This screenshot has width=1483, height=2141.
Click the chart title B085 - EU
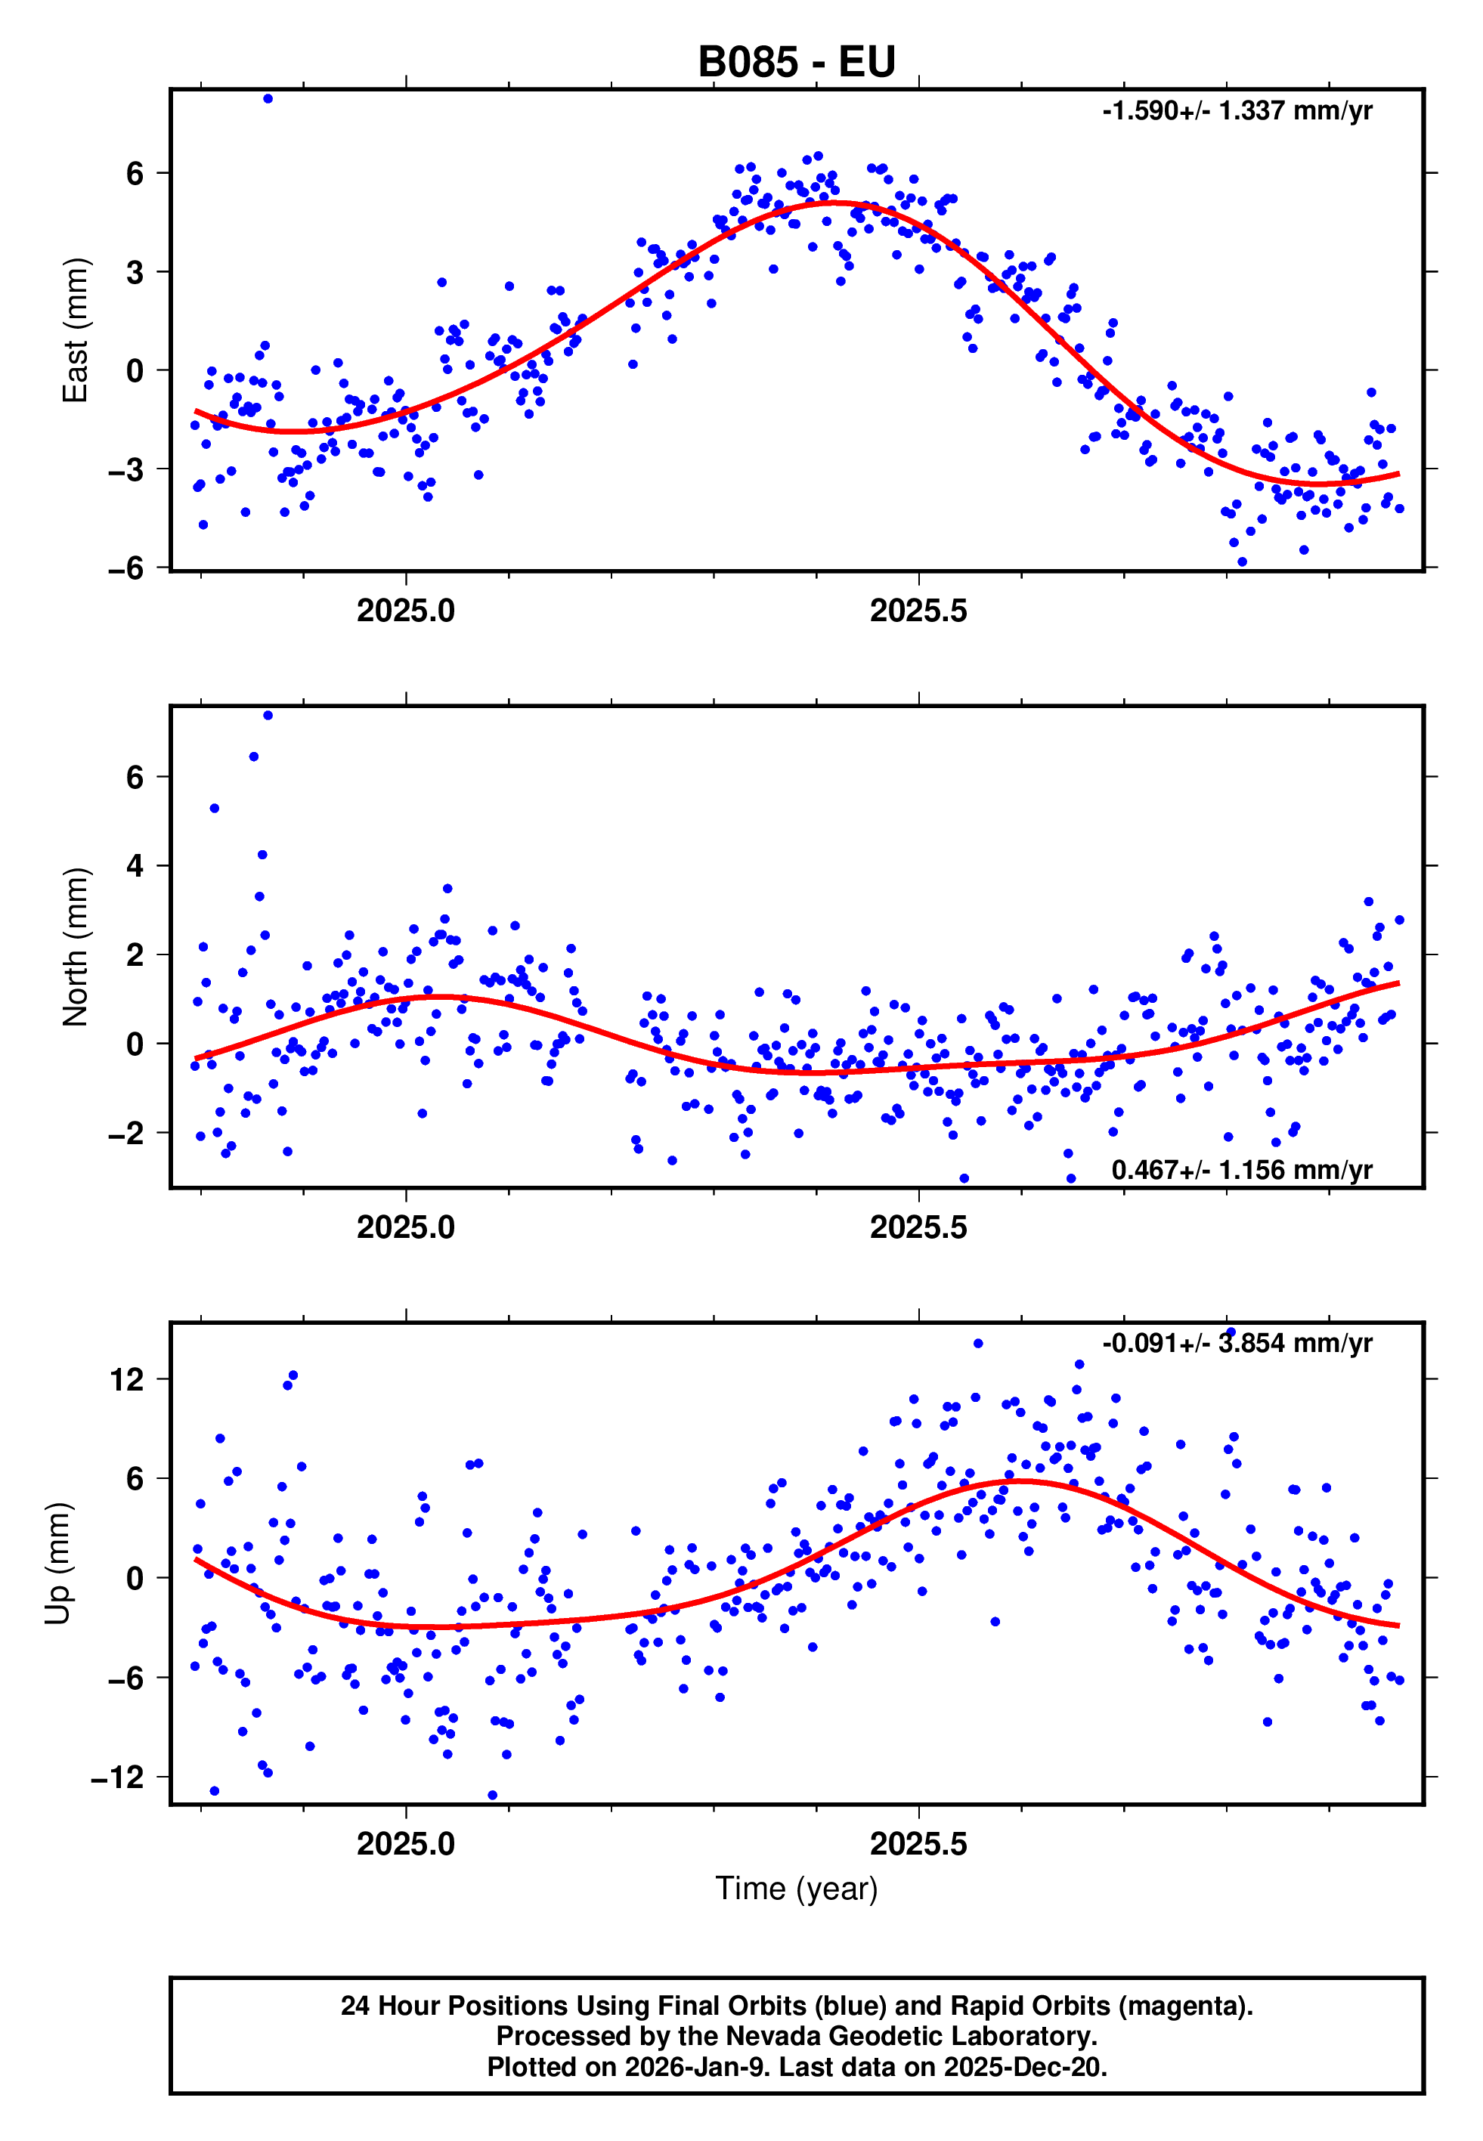click(x=797, y=62)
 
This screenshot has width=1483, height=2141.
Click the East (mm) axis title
click(x=76, y=331)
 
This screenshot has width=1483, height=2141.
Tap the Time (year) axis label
click(x=797, y=1889)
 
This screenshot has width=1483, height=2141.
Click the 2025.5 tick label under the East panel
click(x=918, y=611)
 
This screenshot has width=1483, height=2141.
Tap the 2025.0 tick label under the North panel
click(x=406, y=1228)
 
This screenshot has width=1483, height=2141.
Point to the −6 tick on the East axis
click(x=126, y=568)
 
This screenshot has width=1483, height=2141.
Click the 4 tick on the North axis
click(x=135, y=865)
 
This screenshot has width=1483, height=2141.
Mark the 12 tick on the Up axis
click(x=127, y=1380)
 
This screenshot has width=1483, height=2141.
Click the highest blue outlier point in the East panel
click(x=268, y=98)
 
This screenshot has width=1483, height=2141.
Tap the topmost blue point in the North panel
click(x=268, y=715)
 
